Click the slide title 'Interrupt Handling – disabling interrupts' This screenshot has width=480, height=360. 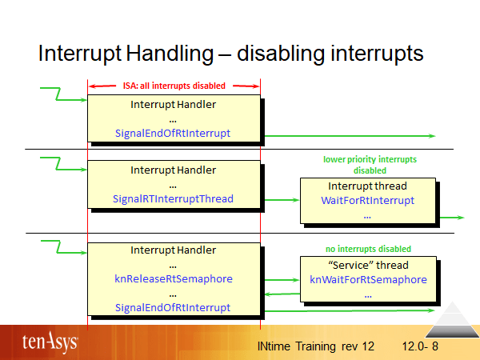tap(230, 54)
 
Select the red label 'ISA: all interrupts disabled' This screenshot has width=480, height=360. tap(174, 86)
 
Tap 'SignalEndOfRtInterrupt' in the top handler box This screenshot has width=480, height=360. tap(173, 133)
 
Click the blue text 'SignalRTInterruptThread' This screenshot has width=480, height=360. tap(173, 198)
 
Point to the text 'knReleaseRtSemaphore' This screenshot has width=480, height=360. tap(173, 278)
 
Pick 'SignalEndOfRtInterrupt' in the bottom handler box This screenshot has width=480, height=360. tap(173, 307)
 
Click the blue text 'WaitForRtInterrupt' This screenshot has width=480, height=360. tap(367, 200)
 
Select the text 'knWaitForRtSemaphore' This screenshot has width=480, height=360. tap(368, 279)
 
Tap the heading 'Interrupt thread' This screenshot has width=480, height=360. tap(367, 186)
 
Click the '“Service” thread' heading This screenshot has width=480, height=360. tap(368, 265)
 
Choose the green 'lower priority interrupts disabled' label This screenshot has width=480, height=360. tap(370, 165)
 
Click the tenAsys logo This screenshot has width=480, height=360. tap(50, 342)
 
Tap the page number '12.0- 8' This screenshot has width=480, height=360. tap(426, 346)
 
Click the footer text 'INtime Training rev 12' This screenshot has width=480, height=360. tap(316, 346)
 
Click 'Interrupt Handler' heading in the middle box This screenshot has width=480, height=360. tap(173, 170)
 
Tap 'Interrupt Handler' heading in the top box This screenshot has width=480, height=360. tap(173, 104)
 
